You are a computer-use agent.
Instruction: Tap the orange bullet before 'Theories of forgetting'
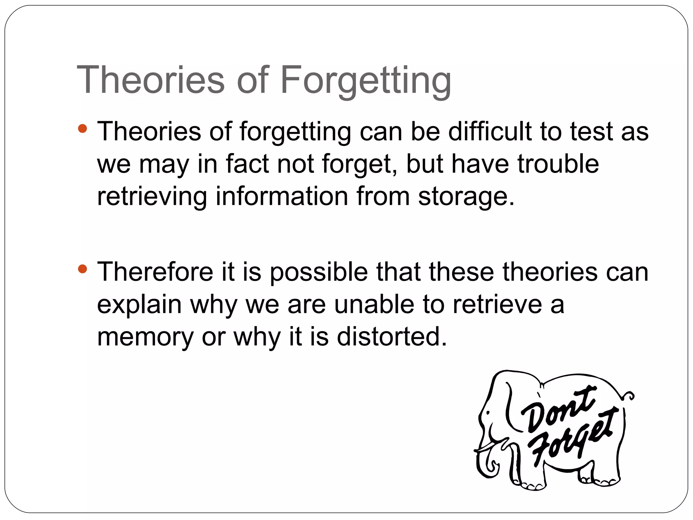tap(82, 129)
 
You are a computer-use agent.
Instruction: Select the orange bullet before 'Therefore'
tap(82, 269)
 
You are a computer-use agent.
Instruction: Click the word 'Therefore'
tap(155, 272)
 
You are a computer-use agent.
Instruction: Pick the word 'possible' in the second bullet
tap(318, 273)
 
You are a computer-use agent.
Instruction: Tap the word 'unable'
tap(374, 304)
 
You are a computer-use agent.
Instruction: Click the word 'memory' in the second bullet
tap(145, 338)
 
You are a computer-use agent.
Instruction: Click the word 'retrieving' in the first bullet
tap(152, 197)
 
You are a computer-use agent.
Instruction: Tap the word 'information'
tap(282, 196)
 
